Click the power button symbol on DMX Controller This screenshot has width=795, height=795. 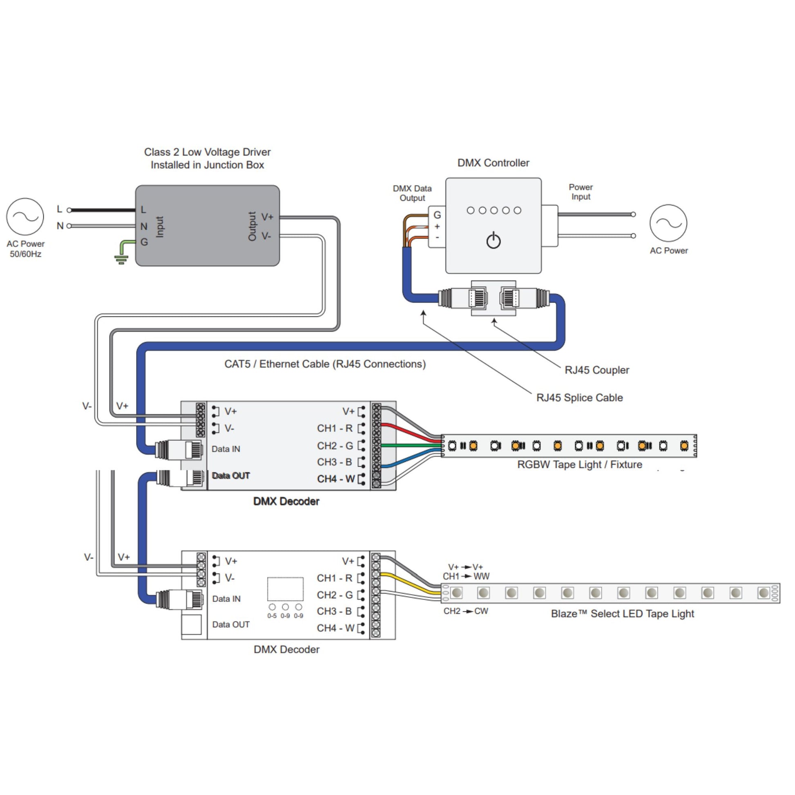click(x=494, y=241)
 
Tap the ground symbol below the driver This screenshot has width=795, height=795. click(x=121, y=259)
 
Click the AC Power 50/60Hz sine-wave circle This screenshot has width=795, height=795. click(x=25, y=217)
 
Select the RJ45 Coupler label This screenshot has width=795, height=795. click(x=597, y=370)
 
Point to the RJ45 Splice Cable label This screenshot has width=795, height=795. click(x=579, y=397)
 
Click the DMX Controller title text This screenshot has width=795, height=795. click(x=493, y=163)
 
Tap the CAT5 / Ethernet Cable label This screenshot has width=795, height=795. click(x=325, y=364)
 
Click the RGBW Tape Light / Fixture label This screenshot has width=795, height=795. click(x=579, y=464)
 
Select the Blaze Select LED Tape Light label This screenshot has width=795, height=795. click(x=622, y=614)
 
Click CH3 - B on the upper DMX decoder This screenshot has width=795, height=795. click(x=334, y=462)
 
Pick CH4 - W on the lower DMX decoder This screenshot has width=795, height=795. click(x=335, y=628)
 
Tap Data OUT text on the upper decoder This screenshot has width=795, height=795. click(x=230, y=476)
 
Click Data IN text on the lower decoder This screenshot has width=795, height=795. click(x=226, y=599)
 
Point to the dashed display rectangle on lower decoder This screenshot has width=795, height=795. click(x=285, y=589)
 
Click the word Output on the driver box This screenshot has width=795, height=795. click(x=252, y=226)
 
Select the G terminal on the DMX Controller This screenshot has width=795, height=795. click(x=437, y=215)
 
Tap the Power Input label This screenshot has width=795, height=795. click(x=581, y=192)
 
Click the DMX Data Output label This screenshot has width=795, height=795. click(x=412, y=193)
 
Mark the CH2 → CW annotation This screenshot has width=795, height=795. click(x=465, y=611)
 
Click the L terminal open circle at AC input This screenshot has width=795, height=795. click(x=69, y=210)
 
